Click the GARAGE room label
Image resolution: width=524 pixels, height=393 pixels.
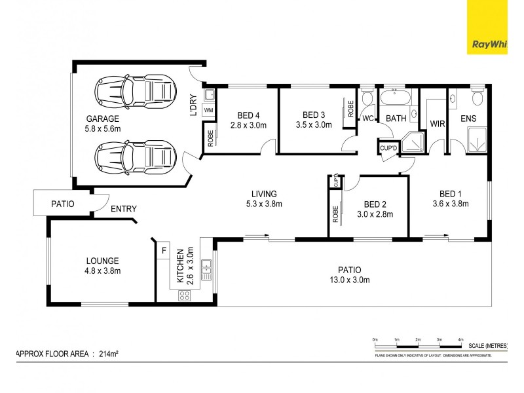pos(102,119)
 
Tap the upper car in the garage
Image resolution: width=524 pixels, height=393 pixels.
pos(136,90)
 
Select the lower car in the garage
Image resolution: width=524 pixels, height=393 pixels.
pos(136,156)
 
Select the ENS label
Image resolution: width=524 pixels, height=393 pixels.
pos(468,119)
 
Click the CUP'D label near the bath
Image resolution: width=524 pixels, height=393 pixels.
pos(388,149)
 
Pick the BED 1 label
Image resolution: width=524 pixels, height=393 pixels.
pos(450,193)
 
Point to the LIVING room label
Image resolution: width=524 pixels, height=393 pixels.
pos(264,193)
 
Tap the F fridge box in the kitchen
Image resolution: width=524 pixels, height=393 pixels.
pos(163,250)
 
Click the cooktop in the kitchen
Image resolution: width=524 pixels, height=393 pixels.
pos(184,295)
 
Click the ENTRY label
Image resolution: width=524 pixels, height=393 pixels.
pos(123,210)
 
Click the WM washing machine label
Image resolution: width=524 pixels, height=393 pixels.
pos(208,110)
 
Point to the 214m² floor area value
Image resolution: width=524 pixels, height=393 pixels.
pos(108,354)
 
